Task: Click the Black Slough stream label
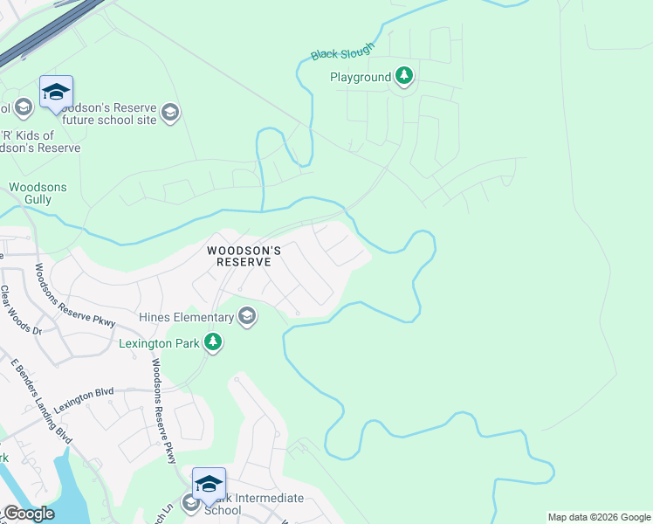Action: pyautogui.click(x=342, y=52)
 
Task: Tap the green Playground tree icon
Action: pyautogui.click(x=403, y=77)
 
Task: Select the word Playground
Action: pyautogui.click(x=360, y=78)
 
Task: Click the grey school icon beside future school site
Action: pyautogui.click(x=170, y=112)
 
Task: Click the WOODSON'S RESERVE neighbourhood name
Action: pyautogui.click(x=244, y=256)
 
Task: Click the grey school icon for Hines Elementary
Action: pyautogui.click(x=247, y=316)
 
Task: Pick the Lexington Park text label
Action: pyautogui.click(x=158, y=342)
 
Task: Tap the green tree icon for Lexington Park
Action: pyautogui.click(x=212, y=342)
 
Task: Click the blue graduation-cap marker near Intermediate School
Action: pyautogui.click(x=210, y=484)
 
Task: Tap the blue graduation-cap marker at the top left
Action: pyautogui.click(x=56, y=92)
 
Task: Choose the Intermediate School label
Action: pyautogui.click(x=253, y=504)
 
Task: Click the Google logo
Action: pyautogui.click(x=28, y=514)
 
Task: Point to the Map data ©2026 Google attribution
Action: pyautogui.click(x=598, y=517)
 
